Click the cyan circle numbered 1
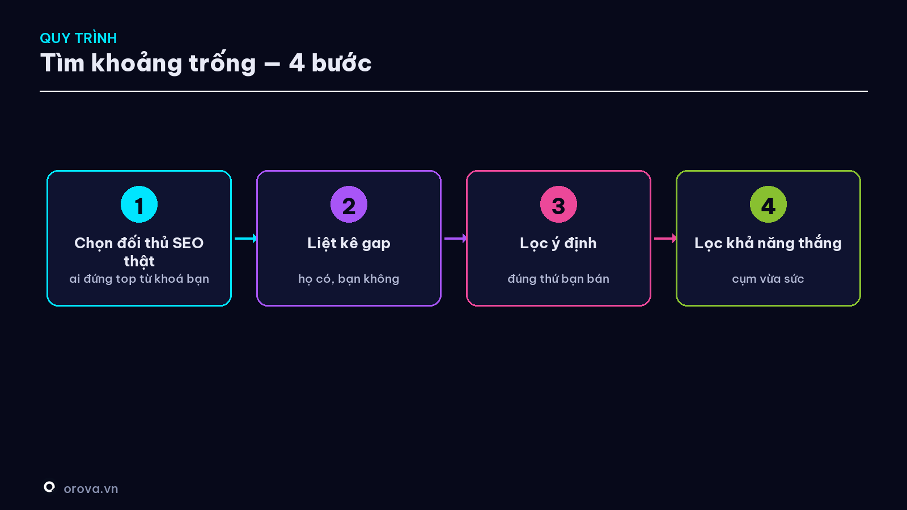139,205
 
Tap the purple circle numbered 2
349,205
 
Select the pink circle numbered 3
558,205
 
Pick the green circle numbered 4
768,205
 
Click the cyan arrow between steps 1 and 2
246,239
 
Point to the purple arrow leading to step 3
456,239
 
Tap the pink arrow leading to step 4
666,239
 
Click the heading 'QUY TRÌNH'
78,38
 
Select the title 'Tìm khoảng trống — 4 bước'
206,63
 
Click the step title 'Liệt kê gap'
349,243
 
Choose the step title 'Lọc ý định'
558,243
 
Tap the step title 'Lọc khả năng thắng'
768,243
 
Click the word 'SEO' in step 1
188,243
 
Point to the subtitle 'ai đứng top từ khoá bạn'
139,279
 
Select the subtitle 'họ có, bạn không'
349,279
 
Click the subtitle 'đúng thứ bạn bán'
558,279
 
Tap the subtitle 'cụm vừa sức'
768,279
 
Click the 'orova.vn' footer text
91,489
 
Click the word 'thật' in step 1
139,261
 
